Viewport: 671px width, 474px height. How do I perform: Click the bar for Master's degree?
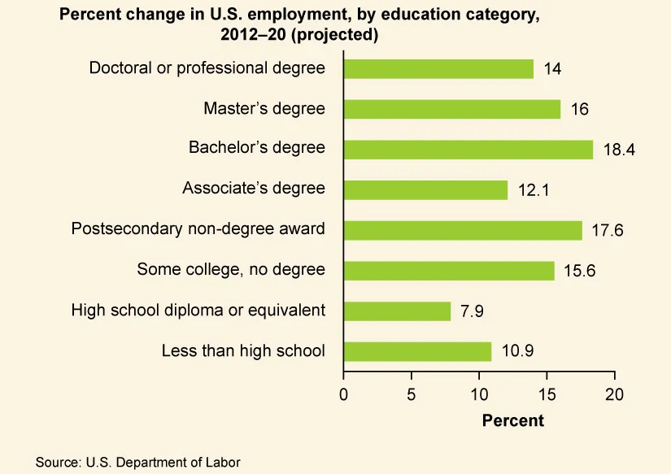pos(452,109)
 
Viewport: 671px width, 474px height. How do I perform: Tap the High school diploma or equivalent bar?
pos(397,311)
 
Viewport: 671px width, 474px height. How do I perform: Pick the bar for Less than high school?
pos(417,351)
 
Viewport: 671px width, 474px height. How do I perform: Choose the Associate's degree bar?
pos(425,189)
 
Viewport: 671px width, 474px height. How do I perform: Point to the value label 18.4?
pos(618,150)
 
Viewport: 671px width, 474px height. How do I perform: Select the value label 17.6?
pos(607,231)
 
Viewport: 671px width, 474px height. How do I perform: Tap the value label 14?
pos(552,69)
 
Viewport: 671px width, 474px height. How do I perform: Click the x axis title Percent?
pos(512,420)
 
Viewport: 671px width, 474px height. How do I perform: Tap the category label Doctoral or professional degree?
pos(207,68)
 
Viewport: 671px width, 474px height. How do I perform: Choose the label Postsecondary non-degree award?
pos(198,228)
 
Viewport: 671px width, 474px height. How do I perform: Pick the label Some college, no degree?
pos(231,269)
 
